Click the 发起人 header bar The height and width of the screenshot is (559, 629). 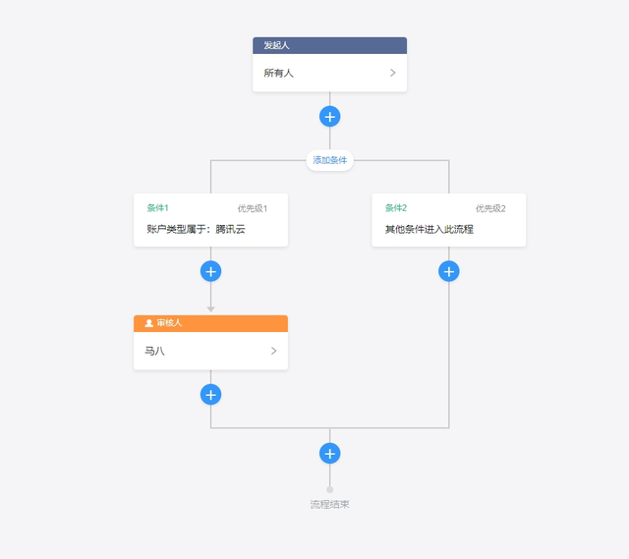pos(330,45)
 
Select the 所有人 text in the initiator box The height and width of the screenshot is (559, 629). pos(278,73)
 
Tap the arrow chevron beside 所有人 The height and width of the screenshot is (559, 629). pos(393,73)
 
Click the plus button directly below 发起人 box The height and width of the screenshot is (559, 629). pos(330,117)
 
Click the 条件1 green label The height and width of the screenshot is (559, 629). pos(157,207)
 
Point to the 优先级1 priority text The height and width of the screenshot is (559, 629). pos(253,208)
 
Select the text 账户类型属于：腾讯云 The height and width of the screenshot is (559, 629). pos(196,229)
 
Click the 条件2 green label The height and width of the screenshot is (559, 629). pos(396,207)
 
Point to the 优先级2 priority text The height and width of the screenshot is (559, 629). pos(490,208)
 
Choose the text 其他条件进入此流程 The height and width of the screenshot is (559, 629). pos(429,229)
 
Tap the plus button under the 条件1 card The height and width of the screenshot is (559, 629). pos(210,271)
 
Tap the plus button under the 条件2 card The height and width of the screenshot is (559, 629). pos(449,271)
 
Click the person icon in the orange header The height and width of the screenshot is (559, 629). pos(148,323)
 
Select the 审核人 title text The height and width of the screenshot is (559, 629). pos(169,323)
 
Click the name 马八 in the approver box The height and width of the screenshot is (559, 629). pos(154,351)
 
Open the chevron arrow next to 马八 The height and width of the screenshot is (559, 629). pos(273,351)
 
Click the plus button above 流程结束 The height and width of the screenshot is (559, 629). pos(330,454)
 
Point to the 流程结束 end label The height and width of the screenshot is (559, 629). pos(330,504)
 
